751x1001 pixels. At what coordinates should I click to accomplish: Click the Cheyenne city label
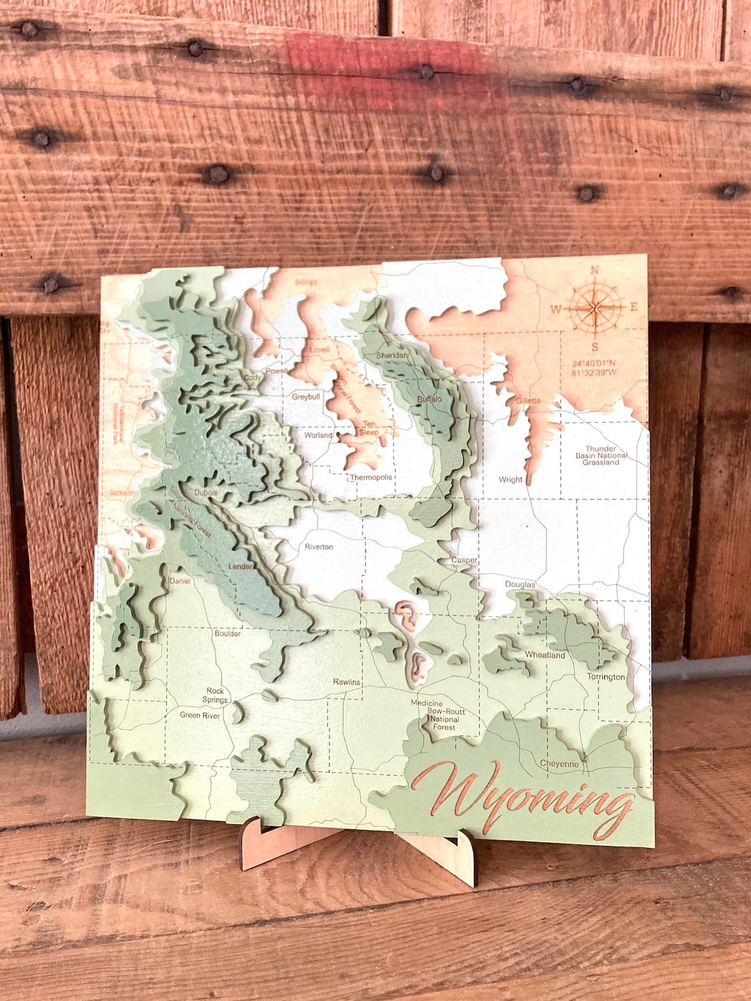coord(559,763)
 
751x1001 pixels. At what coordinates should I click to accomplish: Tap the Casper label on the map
coord(464,560)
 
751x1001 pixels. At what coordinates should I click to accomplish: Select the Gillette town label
coord(528,400)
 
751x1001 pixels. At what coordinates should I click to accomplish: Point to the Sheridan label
coord(392,355)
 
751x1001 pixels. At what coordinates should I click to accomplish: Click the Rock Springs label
coord(216,695)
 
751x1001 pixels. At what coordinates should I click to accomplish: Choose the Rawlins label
coord(346,682)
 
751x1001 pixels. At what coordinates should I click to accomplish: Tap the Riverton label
coord(318,547)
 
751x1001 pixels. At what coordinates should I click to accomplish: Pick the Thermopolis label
coord(371,478)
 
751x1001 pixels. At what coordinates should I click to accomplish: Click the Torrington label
coord(606,676)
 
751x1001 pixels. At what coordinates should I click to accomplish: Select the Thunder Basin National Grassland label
coord(601,455)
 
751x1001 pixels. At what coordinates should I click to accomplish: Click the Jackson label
coord(121,493)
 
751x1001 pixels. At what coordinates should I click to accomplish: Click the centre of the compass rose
coord(595,307)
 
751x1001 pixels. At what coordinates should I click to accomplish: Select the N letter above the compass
coord(595,270)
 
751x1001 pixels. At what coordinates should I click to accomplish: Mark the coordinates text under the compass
coord(594,368)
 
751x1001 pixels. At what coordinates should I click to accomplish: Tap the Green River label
coord(200,715)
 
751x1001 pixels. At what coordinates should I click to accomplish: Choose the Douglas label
coord(519,584)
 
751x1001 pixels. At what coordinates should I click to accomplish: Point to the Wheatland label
coord(544,655)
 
